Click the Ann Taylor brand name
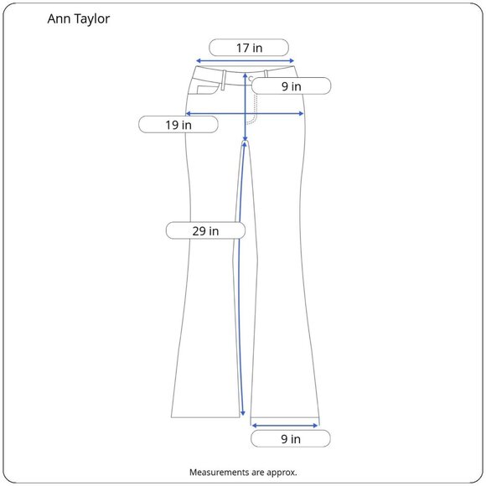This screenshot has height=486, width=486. [79, 19]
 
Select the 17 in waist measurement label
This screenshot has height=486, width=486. [249, 48]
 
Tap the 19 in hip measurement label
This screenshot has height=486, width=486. [178, 125]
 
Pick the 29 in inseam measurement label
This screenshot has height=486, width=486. [205, 231]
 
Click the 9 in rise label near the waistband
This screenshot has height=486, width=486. [292, 86]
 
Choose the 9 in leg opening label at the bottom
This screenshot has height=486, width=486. [291, 439]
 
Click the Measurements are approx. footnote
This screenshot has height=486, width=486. [243, 473]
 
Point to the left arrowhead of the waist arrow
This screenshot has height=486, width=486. [199, 60]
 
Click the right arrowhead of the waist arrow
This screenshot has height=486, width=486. [292, 60]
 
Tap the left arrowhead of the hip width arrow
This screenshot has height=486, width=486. [188, 114]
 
